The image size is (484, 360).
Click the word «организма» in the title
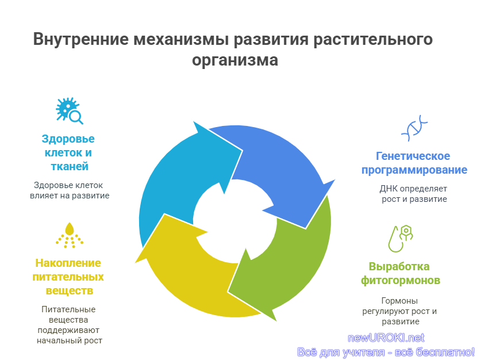(235, 60)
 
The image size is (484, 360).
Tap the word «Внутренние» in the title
(81, 39)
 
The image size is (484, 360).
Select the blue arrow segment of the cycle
(278, 167)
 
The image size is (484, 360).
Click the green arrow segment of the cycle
(287, 262)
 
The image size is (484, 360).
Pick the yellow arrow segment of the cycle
(191, 271)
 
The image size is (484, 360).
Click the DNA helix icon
(414, 128)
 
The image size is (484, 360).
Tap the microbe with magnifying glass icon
(70, 111)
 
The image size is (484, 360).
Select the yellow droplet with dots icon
(70, 235)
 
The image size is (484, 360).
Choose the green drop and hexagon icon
(400, 239)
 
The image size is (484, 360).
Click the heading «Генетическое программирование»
(414, 163)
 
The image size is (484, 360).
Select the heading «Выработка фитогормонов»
(400, 273)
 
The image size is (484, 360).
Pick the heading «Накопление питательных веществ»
(68, 277)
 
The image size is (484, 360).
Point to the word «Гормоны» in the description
(400, 301)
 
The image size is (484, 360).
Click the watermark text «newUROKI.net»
(386, 338)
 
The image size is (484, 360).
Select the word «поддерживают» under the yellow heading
(68, 330)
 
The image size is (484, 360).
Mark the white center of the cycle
(235, 221)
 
